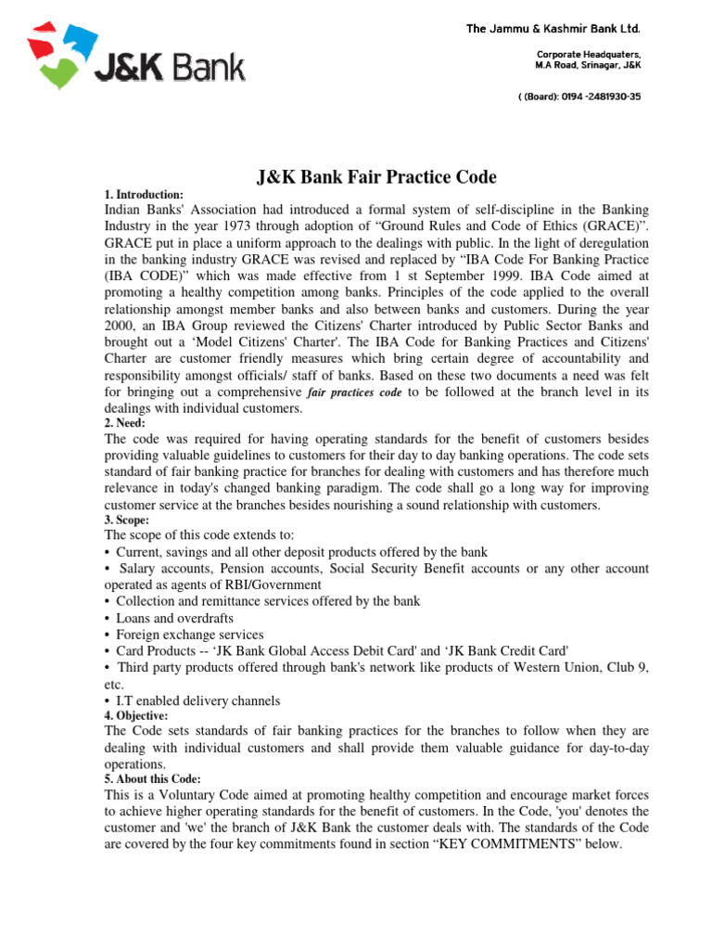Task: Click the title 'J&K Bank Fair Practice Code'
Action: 375,177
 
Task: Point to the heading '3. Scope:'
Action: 127,520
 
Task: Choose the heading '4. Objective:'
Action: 136,716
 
